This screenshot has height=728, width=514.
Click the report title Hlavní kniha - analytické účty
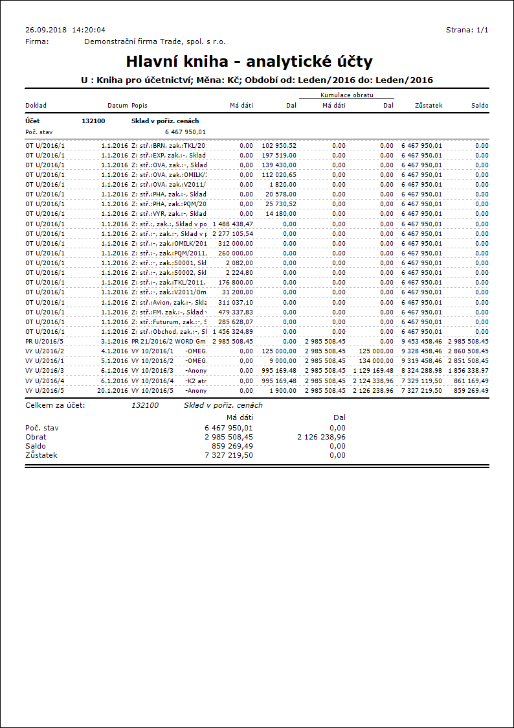(249, 62)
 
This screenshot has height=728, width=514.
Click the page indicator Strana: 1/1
(467, 30)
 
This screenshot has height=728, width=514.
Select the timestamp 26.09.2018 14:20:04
(65, 30)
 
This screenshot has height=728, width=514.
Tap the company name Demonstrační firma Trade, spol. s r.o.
(155, 41)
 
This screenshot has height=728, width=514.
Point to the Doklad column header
(36, 105)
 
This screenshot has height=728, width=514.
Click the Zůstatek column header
(429, 105)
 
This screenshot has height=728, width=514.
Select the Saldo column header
(480, 105)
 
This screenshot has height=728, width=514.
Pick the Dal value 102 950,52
(279, 146)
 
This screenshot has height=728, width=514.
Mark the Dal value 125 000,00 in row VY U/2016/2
(279, 351)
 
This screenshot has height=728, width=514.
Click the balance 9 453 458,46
(421, 342)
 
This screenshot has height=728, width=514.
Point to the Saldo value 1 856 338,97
(468, 371)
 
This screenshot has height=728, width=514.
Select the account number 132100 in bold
(93, 121)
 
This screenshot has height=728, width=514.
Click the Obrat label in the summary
(36, 437)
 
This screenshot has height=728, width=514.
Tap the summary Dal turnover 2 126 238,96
(321, 437)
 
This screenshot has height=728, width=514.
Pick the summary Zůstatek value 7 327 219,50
(229, 455)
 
